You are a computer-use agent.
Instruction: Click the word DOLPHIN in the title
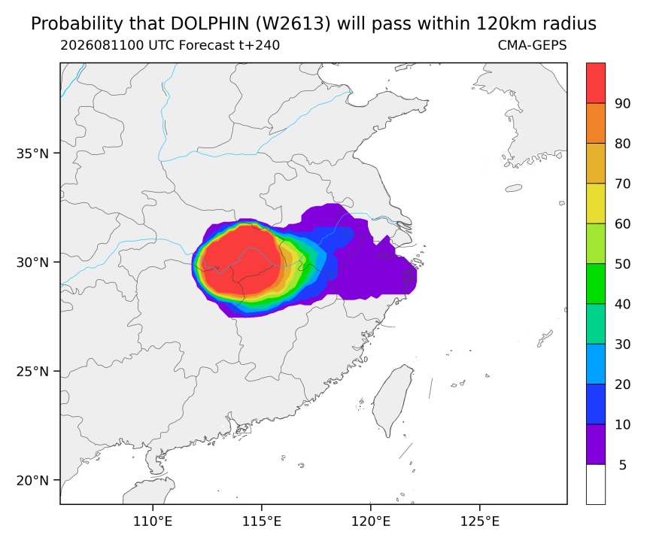point(209,24)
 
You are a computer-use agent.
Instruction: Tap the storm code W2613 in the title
point(293,24)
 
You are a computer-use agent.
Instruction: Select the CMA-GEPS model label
point(533,45)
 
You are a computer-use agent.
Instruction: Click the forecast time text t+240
point(260,45)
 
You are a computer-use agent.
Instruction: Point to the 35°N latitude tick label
point(32,153)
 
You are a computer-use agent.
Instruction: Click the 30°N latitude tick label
point(32,262)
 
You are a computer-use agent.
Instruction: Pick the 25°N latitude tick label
point(32,372)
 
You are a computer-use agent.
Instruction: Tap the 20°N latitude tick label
point(32,481)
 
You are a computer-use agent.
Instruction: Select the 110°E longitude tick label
point(153,521)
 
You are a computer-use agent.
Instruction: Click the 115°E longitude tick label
point(262,521)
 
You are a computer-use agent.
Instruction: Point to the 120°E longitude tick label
point(371,521)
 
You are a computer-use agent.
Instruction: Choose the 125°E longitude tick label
point(479,521)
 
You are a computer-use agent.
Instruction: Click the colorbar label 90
point(623,104)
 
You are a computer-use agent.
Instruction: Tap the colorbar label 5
point(623,465)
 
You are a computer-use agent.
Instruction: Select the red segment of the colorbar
point(596,83)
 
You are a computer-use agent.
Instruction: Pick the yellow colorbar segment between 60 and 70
point(596,203)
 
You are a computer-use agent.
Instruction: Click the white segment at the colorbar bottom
point(596,484)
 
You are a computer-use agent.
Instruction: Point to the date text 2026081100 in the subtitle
point(102,45)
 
